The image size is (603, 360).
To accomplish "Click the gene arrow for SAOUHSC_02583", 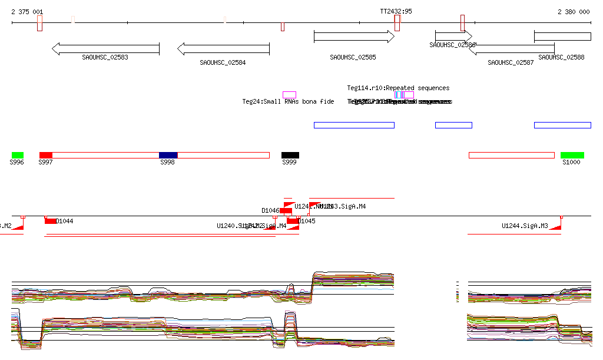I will pos(106,49).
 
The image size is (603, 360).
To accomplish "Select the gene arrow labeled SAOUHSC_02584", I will pos(223,49).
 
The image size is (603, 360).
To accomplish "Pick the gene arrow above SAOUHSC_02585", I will pos(354,37).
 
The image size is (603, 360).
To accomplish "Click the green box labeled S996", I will pos(17,155).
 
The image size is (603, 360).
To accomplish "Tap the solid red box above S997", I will pos(46,155).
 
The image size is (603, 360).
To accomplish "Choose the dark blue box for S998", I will pos(168,155).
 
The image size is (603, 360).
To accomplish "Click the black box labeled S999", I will pos(290,155).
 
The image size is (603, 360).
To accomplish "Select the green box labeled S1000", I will pos(572,155).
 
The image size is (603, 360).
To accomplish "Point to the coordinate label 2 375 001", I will pos(27,12).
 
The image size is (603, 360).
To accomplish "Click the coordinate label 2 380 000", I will pos(574,12).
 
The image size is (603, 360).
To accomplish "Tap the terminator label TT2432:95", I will pos(396,11).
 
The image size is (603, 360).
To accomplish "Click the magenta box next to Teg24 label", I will pos(289,95).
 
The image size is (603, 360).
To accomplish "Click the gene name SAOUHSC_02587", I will pos(511,62).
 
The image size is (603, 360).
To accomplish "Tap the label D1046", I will pos(270,210).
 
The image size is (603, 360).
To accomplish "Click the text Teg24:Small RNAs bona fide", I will pos(288,102).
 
